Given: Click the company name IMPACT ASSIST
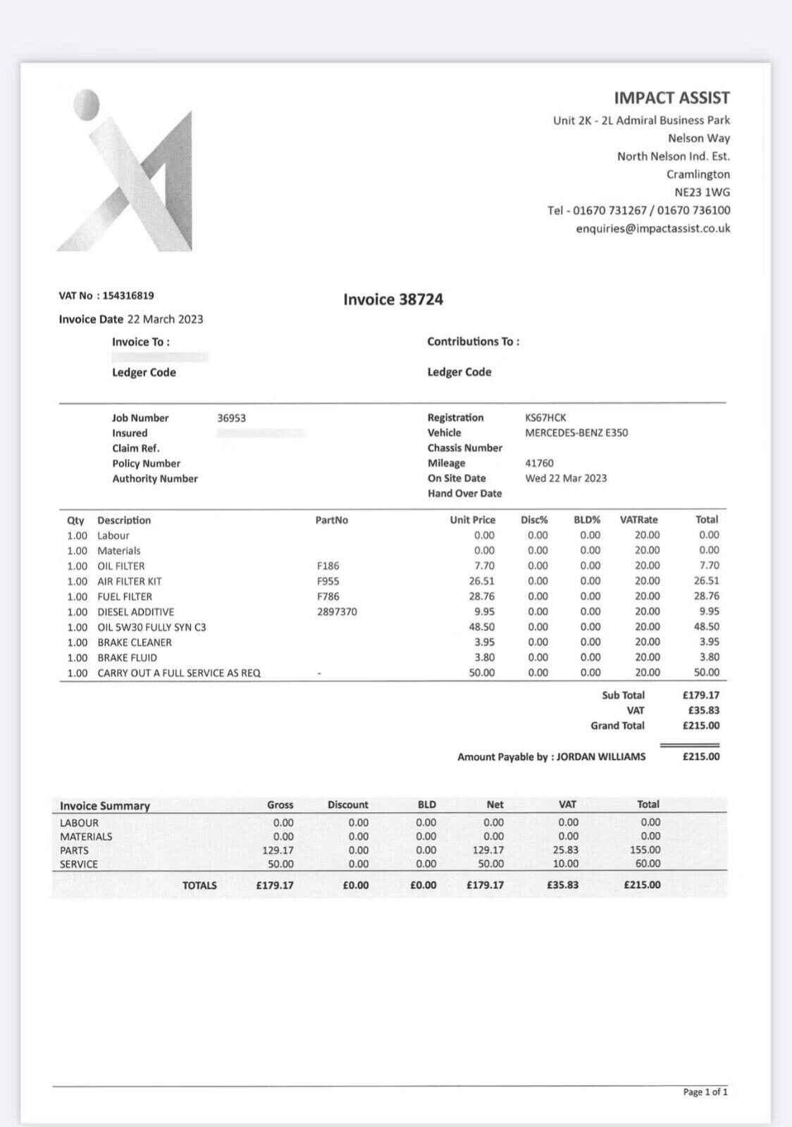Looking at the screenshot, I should point(671,98).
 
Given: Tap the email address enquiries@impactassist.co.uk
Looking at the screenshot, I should point(652,228).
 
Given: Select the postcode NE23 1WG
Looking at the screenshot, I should point(702,192).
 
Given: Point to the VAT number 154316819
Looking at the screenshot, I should point(128,296).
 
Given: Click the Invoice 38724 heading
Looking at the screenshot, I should point(393,299).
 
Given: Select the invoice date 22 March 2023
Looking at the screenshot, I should point(165,319).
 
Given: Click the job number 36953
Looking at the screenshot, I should point(231,418).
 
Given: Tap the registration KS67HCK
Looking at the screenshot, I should point(545,418).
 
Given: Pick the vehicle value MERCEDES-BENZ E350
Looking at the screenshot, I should point(576,432).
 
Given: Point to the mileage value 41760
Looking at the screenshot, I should point(539,463).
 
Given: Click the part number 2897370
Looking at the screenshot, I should point(337,612).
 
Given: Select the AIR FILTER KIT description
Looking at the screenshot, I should point(130,581).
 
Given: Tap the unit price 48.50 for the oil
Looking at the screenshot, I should point(482,627).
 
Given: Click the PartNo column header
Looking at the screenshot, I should point(331,520).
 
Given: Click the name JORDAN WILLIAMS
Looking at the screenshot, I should point(601,756).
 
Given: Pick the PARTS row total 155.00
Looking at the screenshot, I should point(645,850).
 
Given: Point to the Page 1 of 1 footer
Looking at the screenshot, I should point(705,1092).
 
